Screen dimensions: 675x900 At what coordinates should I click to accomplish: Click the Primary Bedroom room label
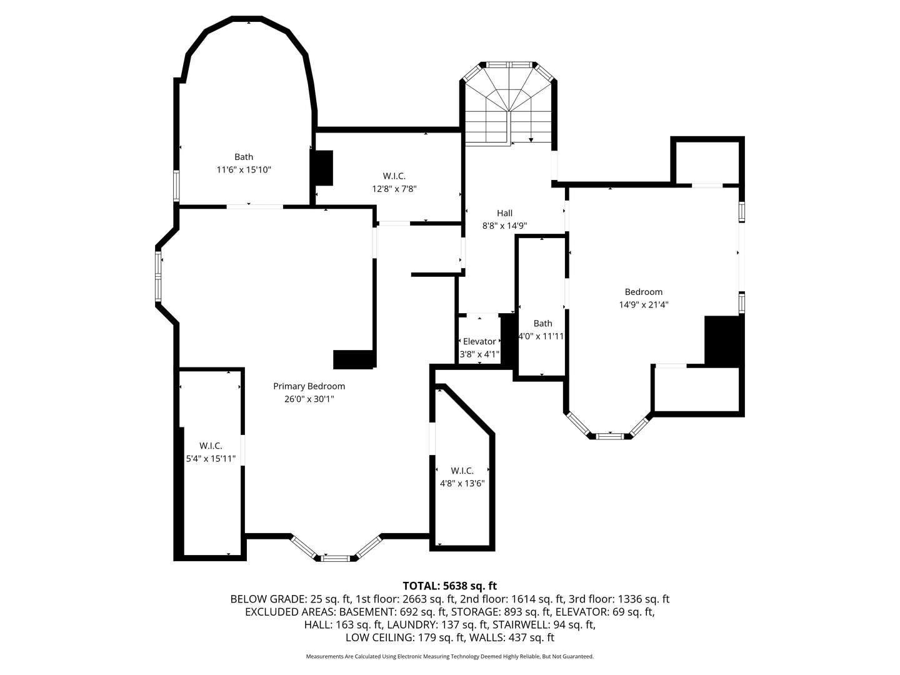point(309,386)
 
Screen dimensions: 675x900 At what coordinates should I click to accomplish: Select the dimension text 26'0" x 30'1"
point(309,399)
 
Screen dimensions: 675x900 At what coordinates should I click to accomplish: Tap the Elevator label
point(479,341)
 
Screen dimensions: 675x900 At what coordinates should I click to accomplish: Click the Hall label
point(504,213)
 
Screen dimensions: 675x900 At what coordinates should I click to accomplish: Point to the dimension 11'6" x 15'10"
point(244,170)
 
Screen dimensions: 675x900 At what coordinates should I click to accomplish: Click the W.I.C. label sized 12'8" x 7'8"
point(394,176)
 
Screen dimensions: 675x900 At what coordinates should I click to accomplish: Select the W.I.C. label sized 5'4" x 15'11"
point(211,446)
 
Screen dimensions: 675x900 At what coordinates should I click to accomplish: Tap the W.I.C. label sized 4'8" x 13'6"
point(462,471)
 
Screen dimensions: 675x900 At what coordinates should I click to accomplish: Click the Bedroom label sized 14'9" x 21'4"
point(643,292)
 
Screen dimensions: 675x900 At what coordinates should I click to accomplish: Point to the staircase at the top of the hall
point(508,106)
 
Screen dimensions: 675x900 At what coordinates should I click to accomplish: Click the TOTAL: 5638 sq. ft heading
point(449,586)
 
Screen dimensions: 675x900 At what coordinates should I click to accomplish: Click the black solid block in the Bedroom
point(723,341)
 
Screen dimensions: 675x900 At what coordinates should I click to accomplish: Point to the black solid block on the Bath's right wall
point(322,168)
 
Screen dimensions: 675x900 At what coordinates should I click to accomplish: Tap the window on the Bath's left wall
point(176,186)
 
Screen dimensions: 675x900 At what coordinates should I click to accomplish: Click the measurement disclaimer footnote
point(449,656)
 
